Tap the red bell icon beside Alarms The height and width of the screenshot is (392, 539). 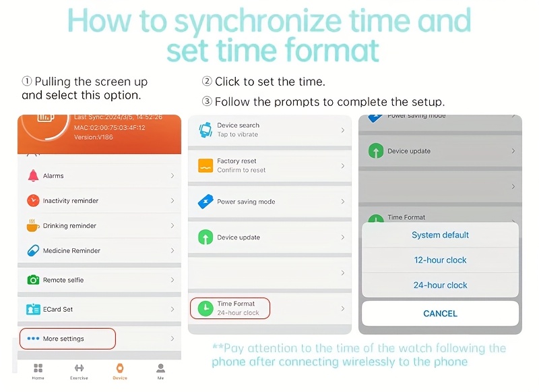pos(33,175)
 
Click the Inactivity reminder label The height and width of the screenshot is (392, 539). pos(71,200)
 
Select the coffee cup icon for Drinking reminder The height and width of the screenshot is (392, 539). pos(32,225)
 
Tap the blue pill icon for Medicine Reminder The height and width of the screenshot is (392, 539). pos(33,250)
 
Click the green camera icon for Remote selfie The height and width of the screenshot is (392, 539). pos(33,280)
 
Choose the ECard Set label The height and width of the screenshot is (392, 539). pos(58,309)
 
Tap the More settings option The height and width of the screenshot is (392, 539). pos(63,339)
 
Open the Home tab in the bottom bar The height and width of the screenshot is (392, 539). pos(38,371)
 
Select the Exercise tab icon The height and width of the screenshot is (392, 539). pos(79,368)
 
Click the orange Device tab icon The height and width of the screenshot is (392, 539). pos(120,368)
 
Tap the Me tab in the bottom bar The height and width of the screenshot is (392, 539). pos(160,371)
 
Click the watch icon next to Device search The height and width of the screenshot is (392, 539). pos(205,130)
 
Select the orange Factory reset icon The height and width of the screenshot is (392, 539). pos(205,165)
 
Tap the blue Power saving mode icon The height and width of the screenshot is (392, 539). pos(205,201)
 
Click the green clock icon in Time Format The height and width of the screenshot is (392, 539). pos(205,308)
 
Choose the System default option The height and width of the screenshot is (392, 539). pos(440,235)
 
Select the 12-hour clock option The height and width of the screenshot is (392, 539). pos(440,260)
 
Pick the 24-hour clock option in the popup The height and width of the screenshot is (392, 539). pos(440,285)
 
